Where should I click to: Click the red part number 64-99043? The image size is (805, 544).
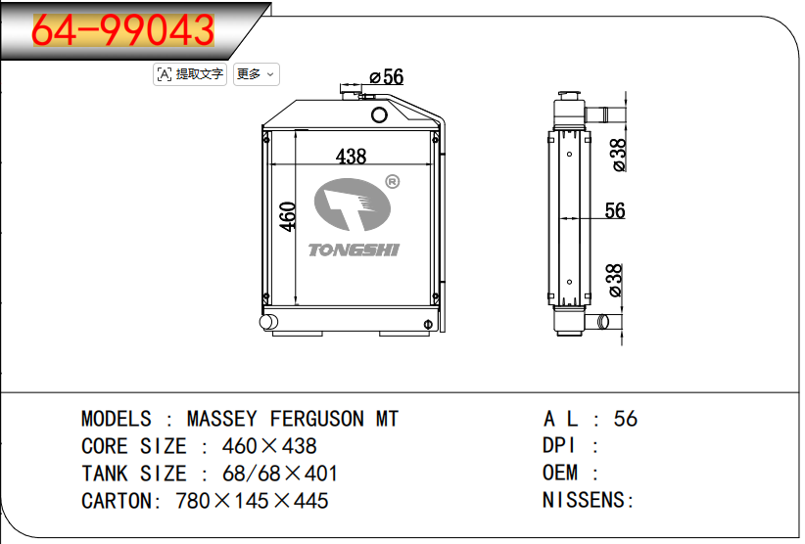[x=123, y=30]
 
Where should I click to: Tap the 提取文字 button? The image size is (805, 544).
[x=190, y=74]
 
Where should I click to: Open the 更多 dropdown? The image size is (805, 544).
[x=257, y=74]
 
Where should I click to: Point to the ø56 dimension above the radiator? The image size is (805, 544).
[x=387, y=77]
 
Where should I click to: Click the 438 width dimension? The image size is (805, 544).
[x=352, y=156]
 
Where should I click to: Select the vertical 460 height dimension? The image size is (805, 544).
[x=288, y=216]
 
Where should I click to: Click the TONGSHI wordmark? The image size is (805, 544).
[x=354, y=249]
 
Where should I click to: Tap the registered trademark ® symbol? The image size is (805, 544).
[x=393, y=182]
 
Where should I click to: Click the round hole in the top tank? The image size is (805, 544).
[x=379, y=114]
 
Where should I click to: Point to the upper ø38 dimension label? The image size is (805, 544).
[x=619, y=155]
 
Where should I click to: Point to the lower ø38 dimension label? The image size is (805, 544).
[x=615, y=281]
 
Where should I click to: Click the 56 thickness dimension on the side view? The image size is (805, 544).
[x=615, y=210]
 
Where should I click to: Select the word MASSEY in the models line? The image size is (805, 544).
[x=221, y=419]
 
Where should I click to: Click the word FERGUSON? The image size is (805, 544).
[x=316, y=419]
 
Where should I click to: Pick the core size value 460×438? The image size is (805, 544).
[x=269, y=446]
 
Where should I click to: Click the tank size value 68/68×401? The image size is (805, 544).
[x=280, y=474]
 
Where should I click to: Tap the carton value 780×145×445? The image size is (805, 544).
[x=252, y=501]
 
